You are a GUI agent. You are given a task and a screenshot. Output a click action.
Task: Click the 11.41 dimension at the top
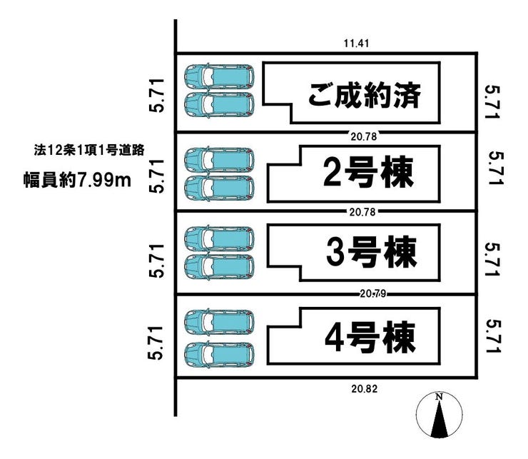(x=356, y=44)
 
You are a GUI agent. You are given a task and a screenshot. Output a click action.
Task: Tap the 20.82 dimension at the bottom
(x=365, y=389)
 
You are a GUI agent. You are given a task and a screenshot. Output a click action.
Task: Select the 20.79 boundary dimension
(x=372, y=294)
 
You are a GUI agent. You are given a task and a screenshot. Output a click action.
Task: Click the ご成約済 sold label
(x=365, y=96)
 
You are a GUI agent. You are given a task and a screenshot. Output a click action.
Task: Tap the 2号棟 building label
(x=368, y=172)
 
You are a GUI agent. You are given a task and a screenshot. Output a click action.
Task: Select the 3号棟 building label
(x=372, y=252)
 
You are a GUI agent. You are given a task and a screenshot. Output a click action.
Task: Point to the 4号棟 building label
(x=370, y=337)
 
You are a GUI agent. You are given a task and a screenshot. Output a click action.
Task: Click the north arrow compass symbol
(x=439, y=415)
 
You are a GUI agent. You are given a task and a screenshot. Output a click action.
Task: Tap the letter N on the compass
(x=439, y=397)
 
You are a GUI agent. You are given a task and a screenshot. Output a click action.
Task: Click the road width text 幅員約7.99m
(x=77, y=181)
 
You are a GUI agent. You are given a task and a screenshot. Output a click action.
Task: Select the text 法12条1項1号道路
(x=89, y=150)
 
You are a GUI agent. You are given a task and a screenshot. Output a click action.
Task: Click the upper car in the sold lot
(x=219, y=76)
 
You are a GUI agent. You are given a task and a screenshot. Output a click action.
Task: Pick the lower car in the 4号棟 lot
(x=219, y=355)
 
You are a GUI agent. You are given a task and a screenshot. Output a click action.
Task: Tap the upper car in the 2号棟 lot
(x=219, y=159)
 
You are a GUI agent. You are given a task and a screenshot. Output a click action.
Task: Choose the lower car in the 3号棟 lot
(x=219, y=267)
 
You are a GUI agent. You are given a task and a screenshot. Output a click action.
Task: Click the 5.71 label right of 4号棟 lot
(x=492, y=336)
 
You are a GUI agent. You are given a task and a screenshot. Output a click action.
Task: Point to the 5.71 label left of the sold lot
(x=157, y=96)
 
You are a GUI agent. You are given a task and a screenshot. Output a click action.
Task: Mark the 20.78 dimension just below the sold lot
(x=364, y=136)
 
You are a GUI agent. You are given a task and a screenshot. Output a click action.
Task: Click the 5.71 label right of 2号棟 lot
(x=496, y=168)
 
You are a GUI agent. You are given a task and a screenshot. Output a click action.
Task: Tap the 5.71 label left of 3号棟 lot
(x=157, y=261)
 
